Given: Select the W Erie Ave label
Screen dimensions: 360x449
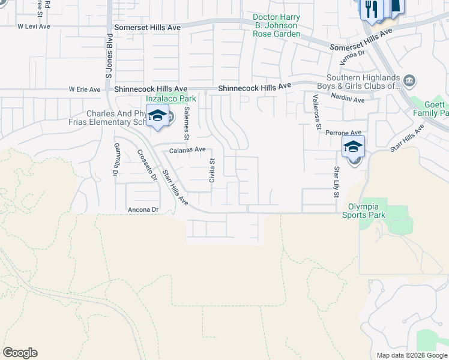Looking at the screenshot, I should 84,89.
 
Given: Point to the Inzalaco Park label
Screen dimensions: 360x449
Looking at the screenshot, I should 171,98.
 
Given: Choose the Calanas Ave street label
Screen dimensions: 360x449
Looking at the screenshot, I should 187,150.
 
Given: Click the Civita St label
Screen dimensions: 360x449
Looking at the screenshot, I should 211,170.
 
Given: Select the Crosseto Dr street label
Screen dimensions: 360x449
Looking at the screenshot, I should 146,165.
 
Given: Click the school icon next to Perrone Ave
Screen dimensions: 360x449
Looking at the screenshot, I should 354,146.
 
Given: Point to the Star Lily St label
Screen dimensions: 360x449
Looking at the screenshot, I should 336,182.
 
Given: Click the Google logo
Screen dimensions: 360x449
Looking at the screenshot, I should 20,353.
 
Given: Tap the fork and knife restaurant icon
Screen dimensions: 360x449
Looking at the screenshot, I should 371,9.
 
